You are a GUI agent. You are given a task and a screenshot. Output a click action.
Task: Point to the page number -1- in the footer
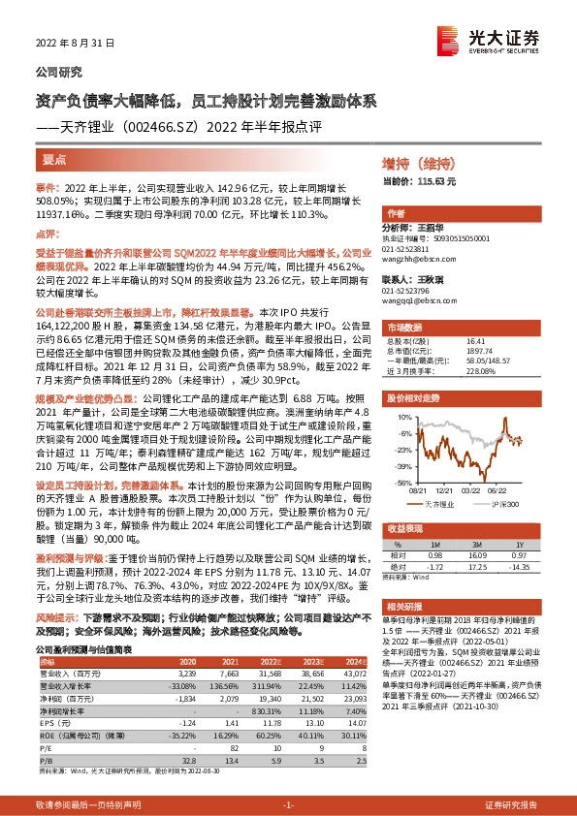coord(288,805)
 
